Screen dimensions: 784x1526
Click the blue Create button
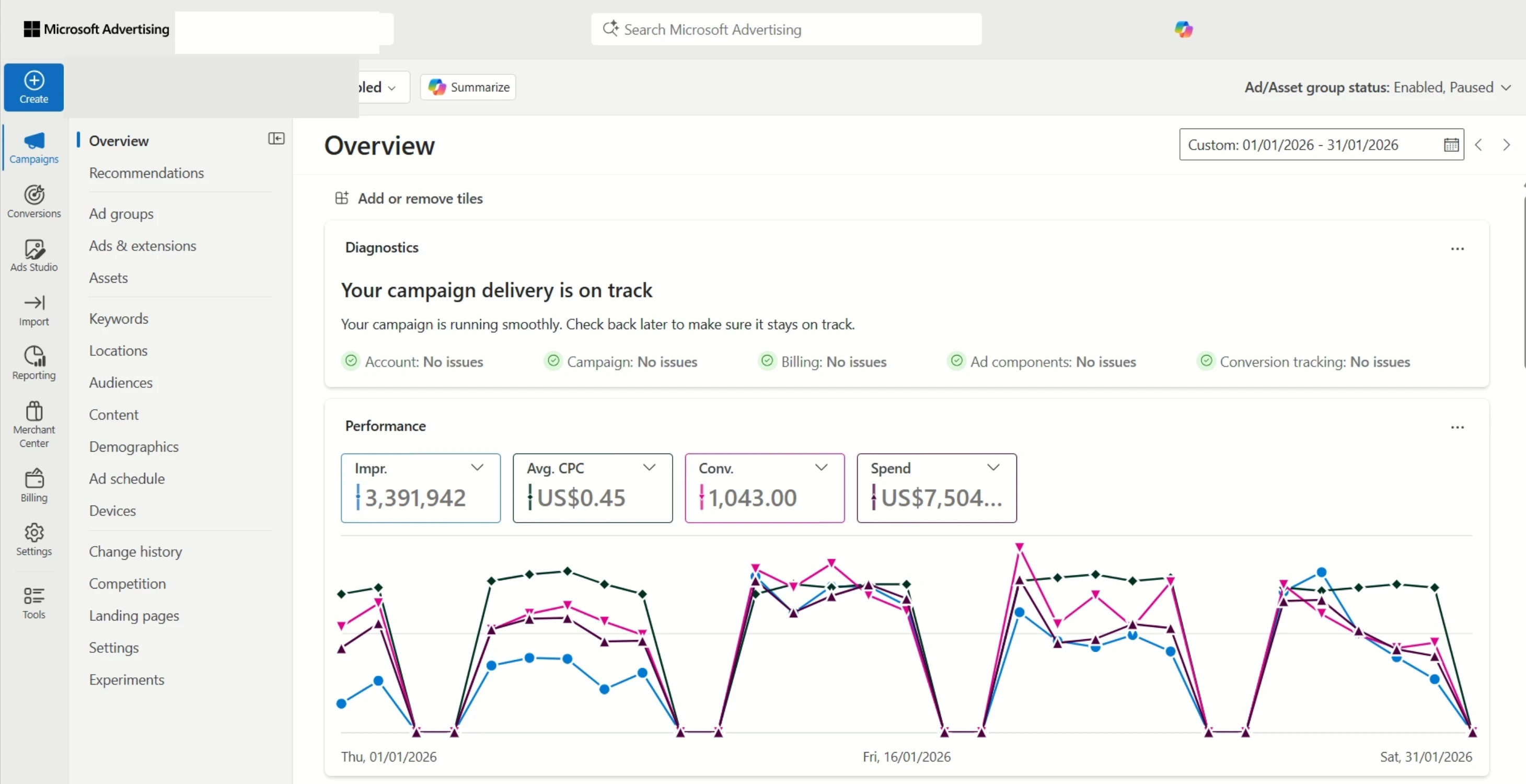[x=34, y=87]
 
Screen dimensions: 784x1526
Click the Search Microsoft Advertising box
[x=785, y=30]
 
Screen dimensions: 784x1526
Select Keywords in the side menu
[x=119, y=318]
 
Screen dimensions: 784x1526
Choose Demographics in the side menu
[x=133, y=446]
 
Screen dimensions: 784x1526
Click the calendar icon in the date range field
[x=1451, y=145]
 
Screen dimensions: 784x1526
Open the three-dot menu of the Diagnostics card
[x=1456, y=249]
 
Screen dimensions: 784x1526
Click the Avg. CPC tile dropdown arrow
[x=649, y=468]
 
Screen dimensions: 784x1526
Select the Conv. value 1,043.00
[x=753, y=498]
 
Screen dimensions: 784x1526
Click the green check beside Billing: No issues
[x=767, y=361]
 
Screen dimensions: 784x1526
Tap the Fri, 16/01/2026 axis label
[x=906, y=757]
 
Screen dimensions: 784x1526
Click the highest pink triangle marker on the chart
[x=1020, y=546]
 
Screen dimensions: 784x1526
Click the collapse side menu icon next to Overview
[x=276, y=139]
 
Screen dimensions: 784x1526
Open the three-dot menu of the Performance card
[x=1456, y=427]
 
